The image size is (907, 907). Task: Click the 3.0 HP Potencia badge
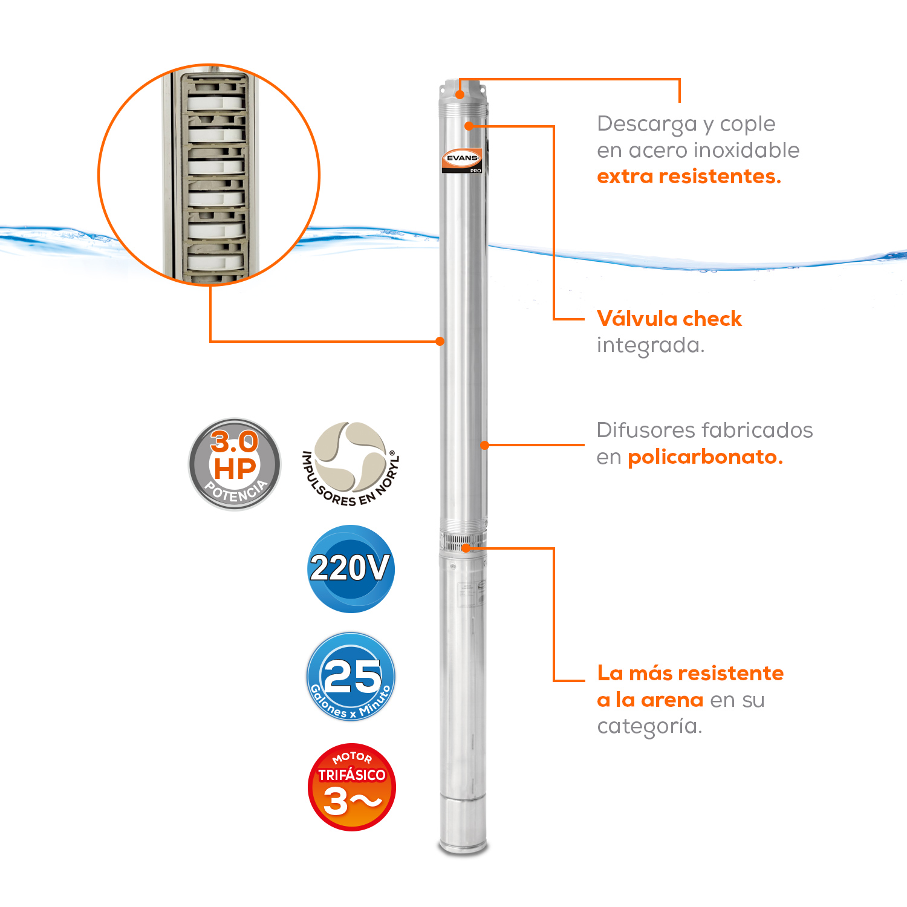235,464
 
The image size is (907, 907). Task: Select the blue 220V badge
351,568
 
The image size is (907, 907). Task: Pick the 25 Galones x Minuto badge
351,677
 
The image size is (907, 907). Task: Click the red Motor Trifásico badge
351,787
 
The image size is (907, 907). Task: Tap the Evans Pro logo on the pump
462,160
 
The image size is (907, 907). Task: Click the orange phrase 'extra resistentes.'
689,177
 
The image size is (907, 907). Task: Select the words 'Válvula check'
669,319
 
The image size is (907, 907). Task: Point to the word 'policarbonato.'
705,457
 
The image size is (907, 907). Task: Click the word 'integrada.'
651,346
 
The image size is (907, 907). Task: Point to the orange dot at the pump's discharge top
460,94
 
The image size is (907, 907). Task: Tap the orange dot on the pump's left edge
440,342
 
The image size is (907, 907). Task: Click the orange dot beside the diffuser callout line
484,445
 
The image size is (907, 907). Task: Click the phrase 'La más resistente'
691,673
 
